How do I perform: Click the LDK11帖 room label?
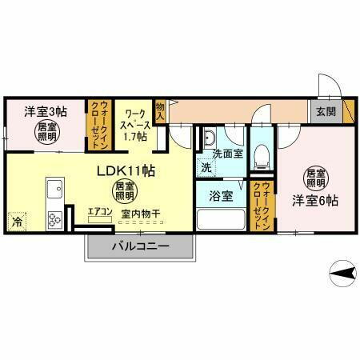click(126, 171)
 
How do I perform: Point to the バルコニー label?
click(140, 246)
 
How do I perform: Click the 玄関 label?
click(325, 111)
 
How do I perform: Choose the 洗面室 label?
click(227, 154)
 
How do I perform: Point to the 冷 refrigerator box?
click(17, 222)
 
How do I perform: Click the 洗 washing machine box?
click(206, 168)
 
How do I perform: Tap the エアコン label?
click(100, 211)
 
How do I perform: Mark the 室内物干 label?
click(141, 214)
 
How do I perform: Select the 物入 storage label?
click(161, 110)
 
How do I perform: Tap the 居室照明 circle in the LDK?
click(122, 190)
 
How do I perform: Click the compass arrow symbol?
click(342, 274)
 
